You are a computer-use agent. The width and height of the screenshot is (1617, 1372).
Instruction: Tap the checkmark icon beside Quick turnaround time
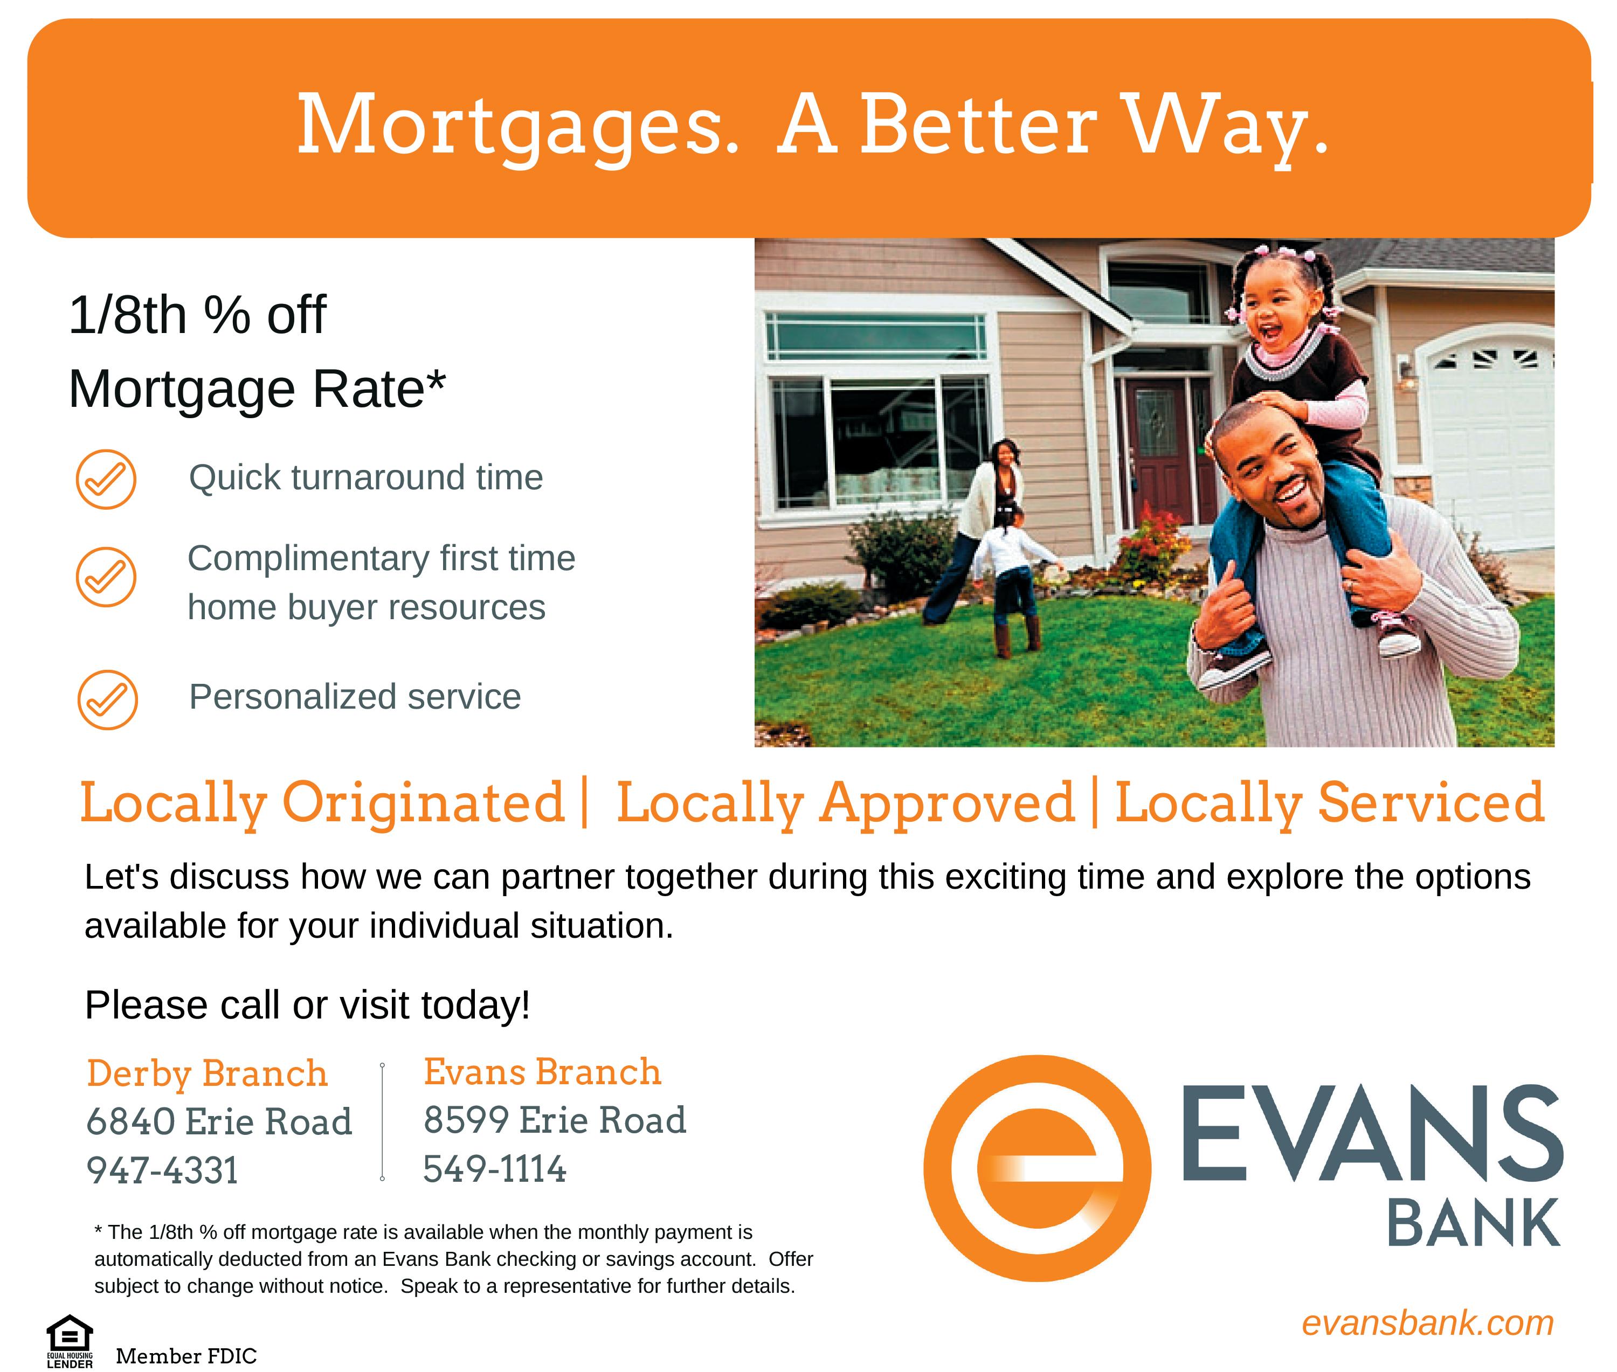coord(106,479)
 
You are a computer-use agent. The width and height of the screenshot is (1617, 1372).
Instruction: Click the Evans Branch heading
coord(542,1072)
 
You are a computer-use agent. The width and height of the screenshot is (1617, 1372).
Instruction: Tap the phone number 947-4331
coord(163,1170)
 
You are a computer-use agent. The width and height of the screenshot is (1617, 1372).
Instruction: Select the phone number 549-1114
coord(495,1169)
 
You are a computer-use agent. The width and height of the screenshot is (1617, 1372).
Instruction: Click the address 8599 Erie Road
coord(555,1120)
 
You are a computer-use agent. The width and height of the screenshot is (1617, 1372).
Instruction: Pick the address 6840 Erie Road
coord(219,1121)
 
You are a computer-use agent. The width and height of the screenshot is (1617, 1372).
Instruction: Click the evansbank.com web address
coord(1427,1323)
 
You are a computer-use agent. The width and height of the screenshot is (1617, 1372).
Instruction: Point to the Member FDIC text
coord(186,1356)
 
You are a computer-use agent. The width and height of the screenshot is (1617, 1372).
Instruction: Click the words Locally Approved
coord(846,804)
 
